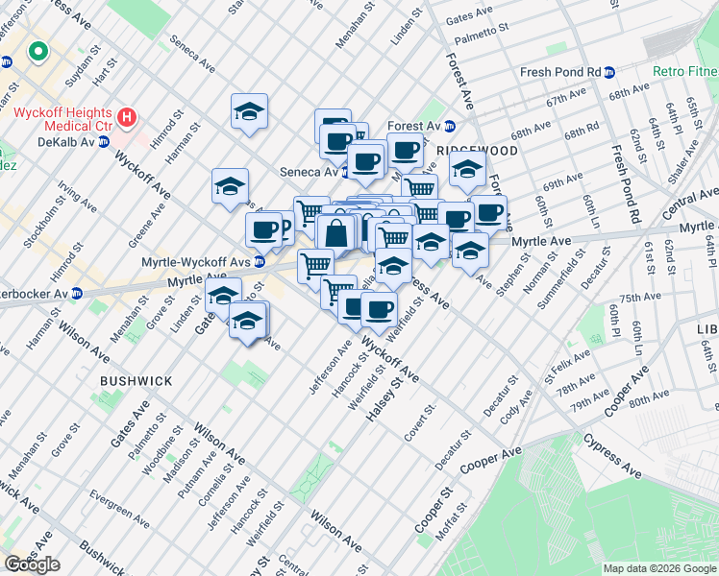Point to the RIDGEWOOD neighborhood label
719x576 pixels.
pyautogui.click(x=478, y=151)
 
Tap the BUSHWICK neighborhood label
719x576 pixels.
pyautogui.click(x=136, y=381)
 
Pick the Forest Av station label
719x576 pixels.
pyautogui.click(x=414, y=126)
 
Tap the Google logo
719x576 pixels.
pyautogui.click(x=32, y=564)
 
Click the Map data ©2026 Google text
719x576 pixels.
pyautogui.click(x=658, y=568)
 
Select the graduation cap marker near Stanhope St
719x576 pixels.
pyautogui.click(x=249, y=113)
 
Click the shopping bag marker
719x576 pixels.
pyautogui.click(x=336, y=233)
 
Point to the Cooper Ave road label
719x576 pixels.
pyautogui.click(x=490, y=459)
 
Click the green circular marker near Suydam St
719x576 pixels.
pyautogui.click(x=38, y=52)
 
